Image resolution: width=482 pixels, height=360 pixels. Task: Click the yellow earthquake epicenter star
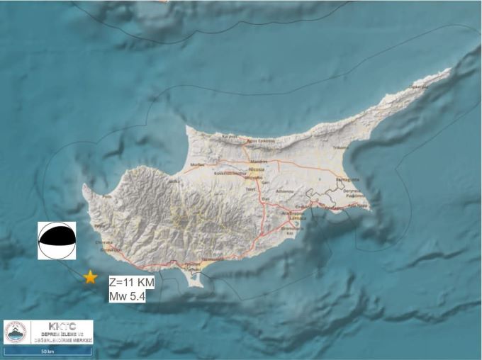(90, 278)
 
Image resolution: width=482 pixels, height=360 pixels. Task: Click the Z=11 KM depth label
(131, 282)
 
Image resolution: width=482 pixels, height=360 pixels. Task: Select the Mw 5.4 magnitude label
(128, 296)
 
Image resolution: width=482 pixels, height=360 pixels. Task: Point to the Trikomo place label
(342, 147)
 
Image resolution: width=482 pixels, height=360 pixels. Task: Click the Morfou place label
(198, 164)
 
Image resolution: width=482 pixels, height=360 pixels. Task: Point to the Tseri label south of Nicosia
(249, 190)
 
